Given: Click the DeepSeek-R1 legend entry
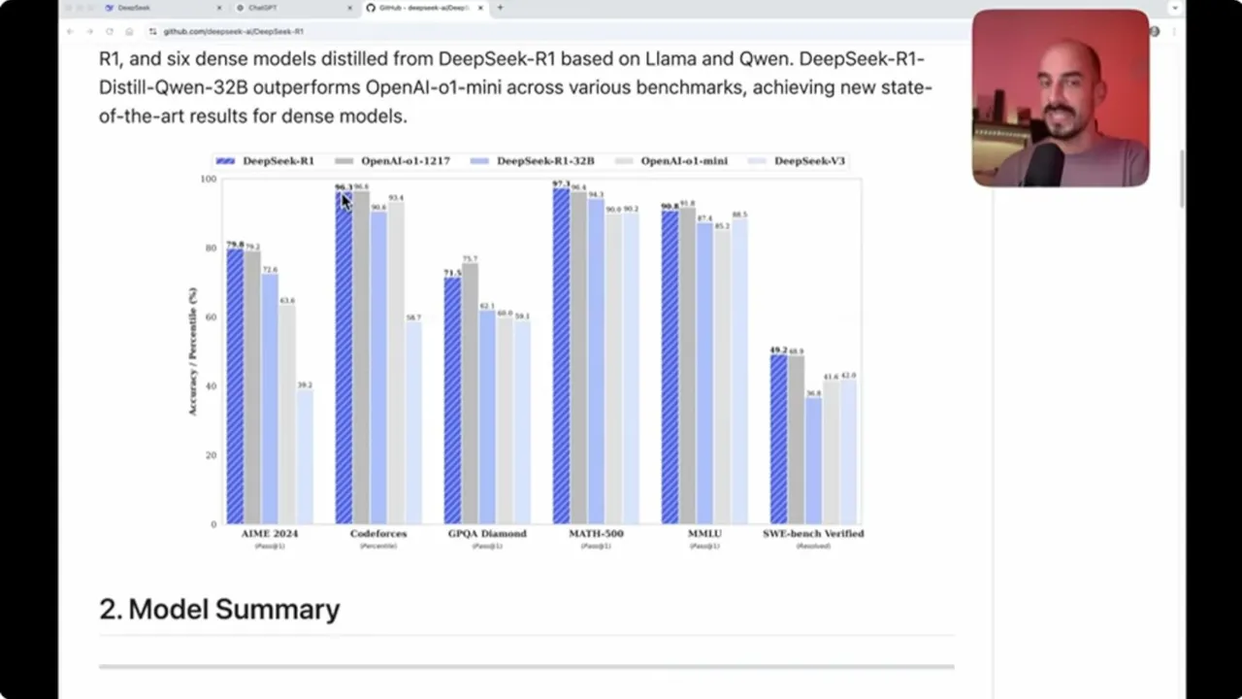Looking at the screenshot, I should point(278,161).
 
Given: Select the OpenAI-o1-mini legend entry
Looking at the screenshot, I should point(683,161).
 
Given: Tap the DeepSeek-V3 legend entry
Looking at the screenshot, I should point(809,161).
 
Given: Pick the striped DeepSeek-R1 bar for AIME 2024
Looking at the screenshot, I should point(235,388).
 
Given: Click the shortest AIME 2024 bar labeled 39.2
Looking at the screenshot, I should point(305,456).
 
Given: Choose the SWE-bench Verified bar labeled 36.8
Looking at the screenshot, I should point(813,461).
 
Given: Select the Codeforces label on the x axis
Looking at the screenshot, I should point(378,534).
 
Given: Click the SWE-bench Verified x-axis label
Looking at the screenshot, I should point(813,534).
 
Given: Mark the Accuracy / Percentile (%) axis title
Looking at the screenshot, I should point(192,351).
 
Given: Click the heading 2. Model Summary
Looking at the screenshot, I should point(219,610).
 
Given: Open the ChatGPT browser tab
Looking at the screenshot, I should point(263,8).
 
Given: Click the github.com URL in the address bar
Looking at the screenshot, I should point(233,31).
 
